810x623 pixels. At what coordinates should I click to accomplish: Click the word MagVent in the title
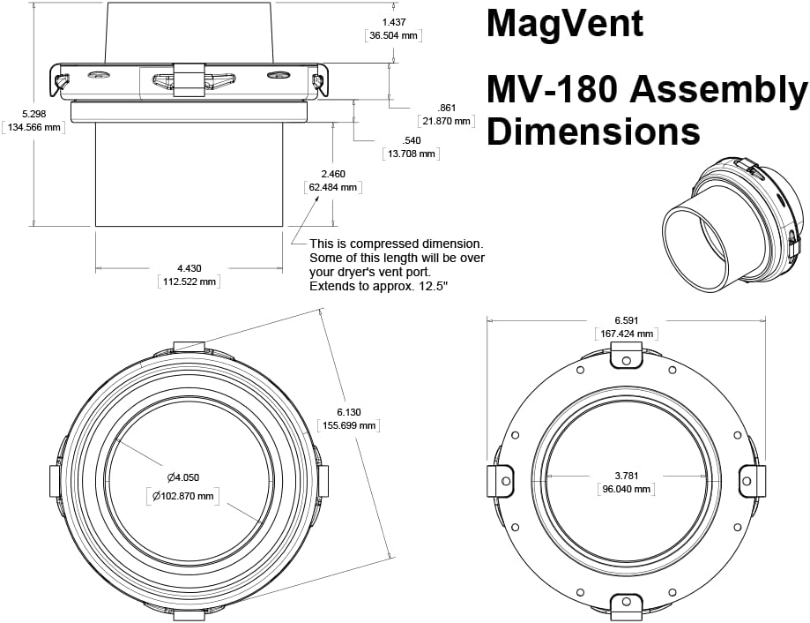565,24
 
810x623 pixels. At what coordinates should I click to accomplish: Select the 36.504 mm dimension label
393,35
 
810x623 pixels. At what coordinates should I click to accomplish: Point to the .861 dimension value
446,108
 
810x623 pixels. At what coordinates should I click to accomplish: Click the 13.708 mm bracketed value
411,154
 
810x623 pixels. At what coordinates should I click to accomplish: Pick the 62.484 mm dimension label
332,187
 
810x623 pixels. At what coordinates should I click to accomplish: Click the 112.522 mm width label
189,281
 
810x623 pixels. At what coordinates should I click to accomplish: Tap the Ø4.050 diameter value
182,477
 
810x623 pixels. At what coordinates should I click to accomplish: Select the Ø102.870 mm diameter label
182,496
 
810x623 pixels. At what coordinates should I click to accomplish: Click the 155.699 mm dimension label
348,425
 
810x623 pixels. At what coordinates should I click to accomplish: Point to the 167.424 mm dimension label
626,334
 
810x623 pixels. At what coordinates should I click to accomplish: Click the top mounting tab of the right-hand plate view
626,355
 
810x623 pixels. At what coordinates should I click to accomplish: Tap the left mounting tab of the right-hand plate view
501,481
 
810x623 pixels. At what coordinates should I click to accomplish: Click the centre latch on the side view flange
189,79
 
